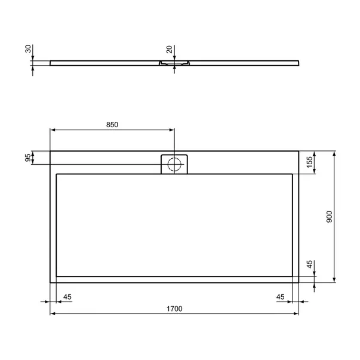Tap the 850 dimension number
(x=112, y=125)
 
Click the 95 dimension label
(x=27, y=158)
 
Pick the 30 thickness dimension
(x=27, y=49)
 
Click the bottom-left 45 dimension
(x=67, y=297)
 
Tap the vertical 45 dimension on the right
(x=309, y=264)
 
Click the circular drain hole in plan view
(x=174, y=164)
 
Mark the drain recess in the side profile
(x=174, y=63)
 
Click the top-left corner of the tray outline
(x=50, y=151)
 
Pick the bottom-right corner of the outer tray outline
(x=299, y=282)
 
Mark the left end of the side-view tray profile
(x=51, y=61)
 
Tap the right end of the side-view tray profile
(x=298, y=61)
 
